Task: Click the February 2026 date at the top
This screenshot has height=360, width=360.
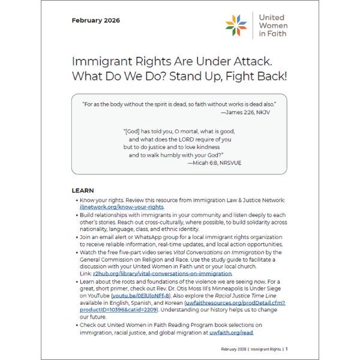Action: pos(95,20)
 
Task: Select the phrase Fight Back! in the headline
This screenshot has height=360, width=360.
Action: pos(259,76)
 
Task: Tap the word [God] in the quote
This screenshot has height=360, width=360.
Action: pos(133,130)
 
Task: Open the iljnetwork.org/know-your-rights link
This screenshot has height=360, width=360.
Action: pos(122,207)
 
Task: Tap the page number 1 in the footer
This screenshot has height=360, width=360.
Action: pos(286,349)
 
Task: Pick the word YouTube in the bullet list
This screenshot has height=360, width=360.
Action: pos(92,295)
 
